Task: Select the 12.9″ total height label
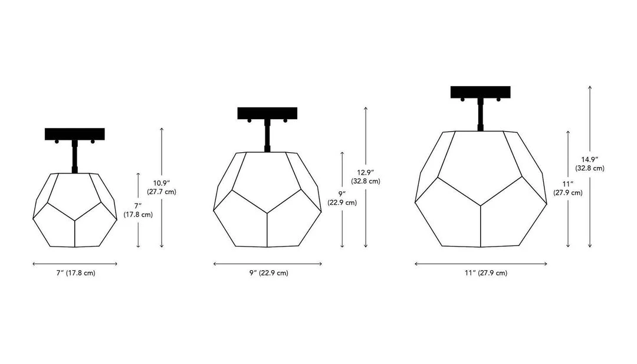[366, 177]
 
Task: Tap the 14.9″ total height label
[589, 163]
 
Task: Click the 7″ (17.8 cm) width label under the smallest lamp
[75, 273]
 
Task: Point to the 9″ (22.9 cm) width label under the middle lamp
[269, 273]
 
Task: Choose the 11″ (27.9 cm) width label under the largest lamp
[486, 273]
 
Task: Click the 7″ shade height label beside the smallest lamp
[138, 211]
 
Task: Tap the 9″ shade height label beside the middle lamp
[342, 198]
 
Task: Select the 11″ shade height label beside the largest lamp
[567, 189]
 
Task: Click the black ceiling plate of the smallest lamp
[75, 134]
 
